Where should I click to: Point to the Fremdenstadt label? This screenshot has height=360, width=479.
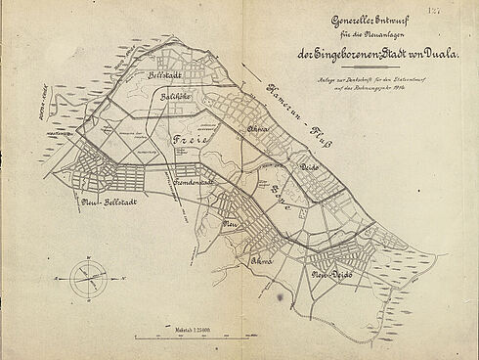(x=195, y=183)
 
